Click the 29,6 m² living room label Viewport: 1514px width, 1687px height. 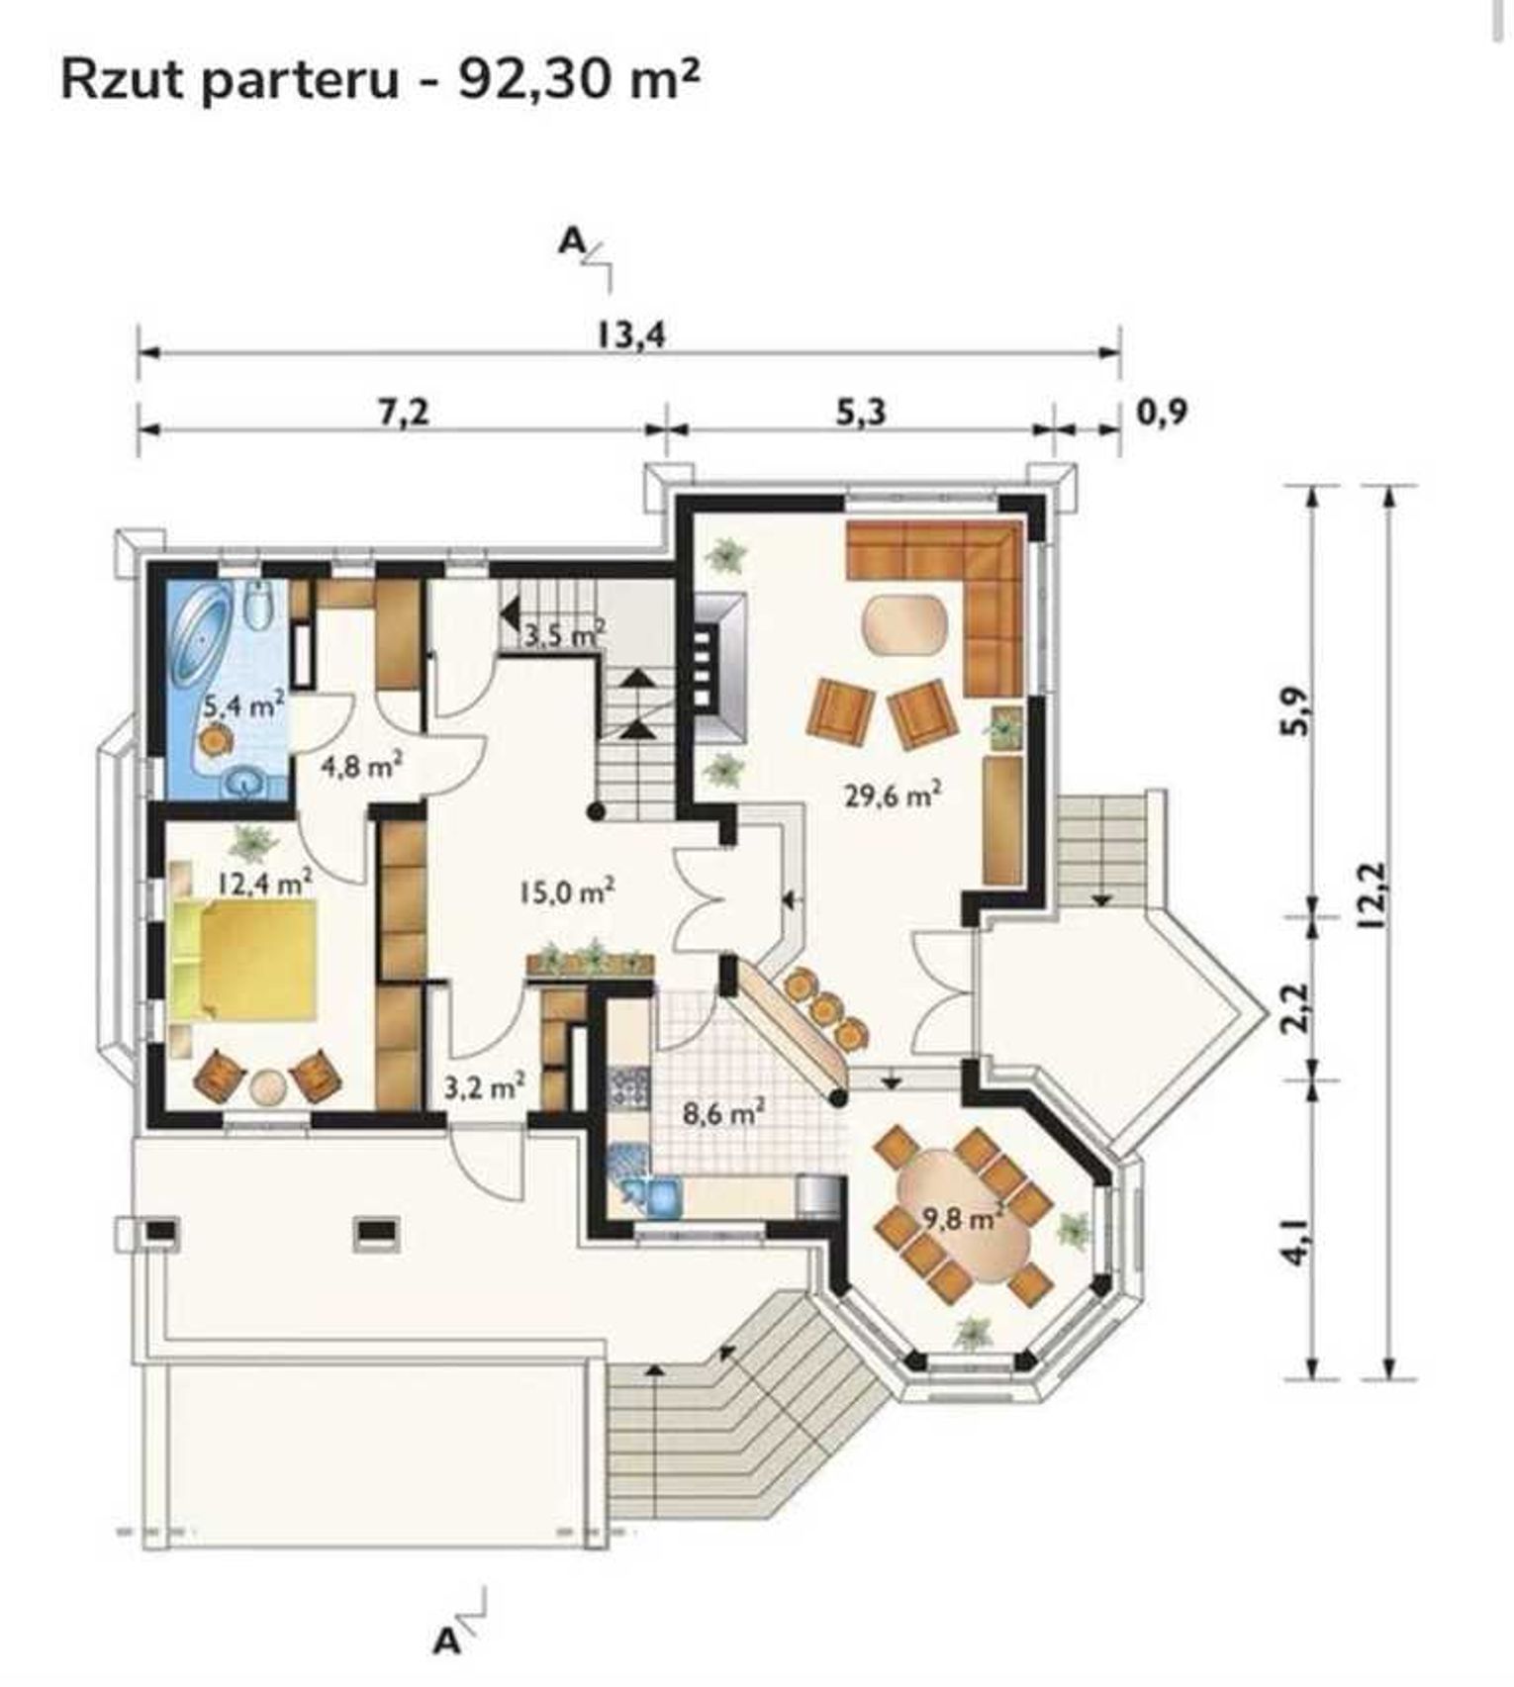(892, 795)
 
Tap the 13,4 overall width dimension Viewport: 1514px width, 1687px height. (631, 334)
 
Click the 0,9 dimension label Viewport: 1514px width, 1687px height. (1162, 411)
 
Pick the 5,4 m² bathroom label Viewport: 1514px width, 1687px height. (244, 706)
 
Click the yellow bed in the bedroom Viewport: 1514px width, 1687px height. (243, 959)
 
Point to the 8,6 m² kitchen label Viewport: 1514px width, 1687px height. (723, 1113)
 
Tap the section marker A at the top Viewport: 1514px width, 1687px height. (572, 240)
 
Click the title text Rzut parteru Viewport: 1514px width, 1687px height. (230, 79)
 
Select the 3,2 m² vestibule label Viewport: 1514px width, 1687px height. (483, 1087)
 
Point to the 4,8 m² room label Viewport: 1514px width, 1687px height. (360, 765)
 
